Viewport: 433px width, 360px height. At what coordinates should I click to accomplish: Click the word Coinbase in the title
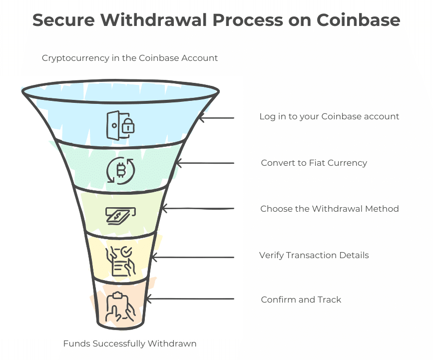pyautogui.click(x=358, y=20)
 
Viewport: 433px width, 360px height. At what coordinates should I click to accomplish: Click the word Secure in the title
pyautogui.click(x=63, y=20)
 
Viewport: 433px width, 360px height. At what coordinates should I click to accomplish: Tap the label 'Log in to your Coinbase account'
pyautogui.click(x=329, y=117)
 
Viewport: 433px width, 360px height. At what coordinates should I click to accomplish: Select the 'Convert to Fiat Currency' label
pyautogui.click(x=314, y=163)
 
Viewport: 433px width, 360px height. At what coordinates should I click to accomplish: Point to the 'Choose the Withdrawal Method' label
pyautogui.click(x=330, y=209)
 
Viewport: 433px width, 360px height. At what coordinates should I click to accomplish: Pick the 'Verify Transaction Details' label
pyautogui.click(x=314, y=255)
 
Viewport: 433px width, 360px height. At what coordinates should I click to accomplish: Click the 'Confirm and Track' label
pyautogui.click(x=301, y=300)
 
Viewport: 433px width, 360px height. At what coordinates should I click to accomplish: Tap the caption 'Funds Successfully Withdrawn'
pyautogui.click(x=130, y=344)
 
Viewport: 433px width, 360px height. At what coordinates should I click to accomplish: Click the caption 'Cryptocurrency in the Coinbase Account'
pyautogui.click(x=130, y=58)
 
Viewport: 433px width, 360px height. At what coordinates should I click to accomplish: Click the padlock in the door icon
pyautogui.click(x=128, y=126)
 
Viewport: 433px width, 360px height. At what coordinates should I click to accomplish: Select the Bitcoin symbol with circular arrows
pyautogui.click(x=121, y=171)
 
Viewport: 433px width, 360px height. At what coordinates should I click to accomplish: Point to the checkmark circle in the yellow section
pyautogui.click(x=126, y=252)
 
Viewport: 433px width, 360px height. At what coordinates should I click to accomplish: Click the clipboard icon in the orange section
pyautogui.click(x=121, y=307)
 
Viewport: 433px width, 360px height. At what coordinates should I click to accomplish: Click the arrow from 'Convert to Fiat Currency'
pyautogui.click(x=205, y=163)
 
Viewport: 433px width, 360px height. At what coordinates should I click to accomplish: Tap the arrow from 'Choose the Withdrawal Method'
pyautogui.click(x=197, y=208)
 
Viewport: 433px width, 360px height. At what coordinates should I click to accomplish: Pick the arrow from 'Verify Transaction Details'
pyautogui.click(x=192, y=257)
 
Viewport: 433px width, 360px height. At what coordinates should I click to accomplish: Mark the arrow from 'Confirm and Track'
pyautogui.click(x=190, y=299)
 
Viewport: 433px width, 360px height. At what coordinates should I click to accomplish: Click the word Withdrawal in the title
pyautogui.click(x=153, y=20)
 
